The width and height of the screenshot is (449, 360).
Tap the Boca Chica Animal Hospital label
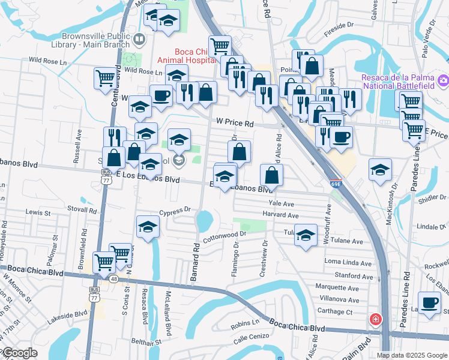(x=185, y=56)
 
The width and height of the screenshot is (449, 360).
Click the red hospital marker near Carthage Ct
(x=375, y=319)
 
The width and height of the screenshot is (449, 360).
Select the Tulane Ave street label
(x=349, y=241)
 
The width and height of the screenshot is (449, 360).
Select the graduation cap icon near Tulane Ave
(x=306, y=235)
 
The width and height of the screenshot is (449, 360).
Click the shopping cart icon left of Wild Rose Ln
(x=105, y=77)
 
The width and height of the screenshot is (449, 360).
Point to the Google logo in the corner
(x=19, y=353)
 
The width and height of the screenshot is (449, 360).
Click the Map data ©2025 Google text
(x=412, y=355)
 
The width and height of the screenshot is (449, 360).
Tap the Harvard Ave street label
(x=280, y=215)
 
